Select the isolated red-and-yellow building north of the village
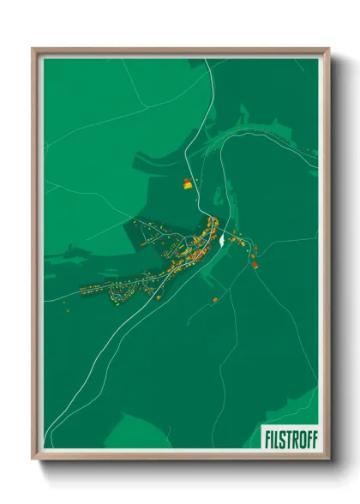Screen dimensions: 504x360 tap(188, 183)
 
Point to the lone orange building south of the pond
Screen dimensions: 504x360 tap(215, 298)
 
